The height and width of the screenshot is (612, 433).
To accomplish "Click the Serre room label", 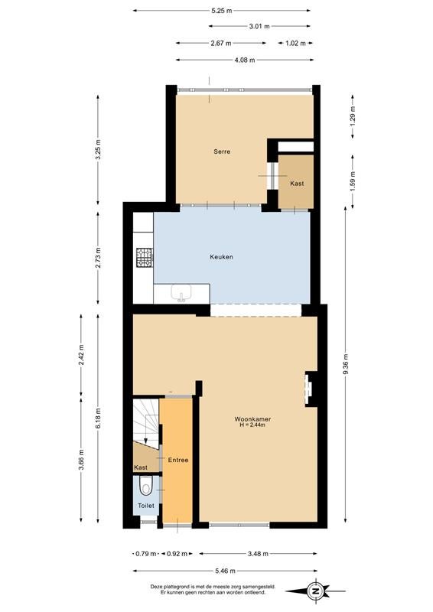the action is (222, 151).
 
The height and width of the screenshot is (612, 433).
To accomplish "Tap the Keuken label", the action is (221, 257).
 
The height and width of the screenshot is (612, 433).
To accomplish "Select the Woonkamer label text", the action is (252, 419).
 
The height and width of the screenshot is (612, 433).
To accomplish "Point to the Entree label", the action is (178, 461).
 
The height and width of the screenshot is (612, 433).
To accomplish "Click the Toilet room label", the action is (146, 506).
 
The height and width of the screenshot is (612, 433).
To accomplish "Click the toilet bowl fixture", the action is (146, 486).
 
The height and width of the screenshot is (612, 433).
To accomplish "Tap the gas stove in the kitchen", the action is (145, 258).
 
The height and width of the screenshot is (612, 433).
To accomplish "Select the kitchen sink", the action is (181, 294).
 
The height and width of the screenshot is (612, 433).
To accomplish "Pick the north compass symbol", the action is (314, 591).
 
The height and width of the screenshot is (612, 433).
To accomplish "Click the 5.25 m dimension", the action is (221, 11).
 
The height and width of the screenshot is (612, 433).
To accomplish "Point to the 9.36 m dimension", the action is (346, 364).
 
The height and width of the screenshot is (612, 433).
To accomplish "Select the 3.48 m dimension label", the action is (258, 553).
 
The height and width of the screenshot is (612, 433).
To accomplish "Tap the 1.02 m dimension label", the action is (295, 44).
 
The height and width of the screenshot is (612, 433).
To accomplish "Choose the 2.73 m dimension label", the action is (98, 258).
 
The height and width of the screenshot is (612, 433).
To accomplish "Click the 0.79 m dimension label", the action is (146, 553).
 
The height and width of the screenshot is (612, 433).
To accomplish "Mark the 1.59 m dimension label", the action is (353, 181).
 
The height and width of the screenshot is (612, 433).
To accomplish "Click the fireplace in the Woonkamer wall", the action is (310, 389).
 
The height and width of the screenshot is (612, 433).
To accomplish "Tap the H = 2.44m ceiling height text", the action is (252, 425).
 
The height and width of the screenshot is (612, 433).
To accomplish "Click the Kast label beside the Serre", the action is (297, 183).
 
